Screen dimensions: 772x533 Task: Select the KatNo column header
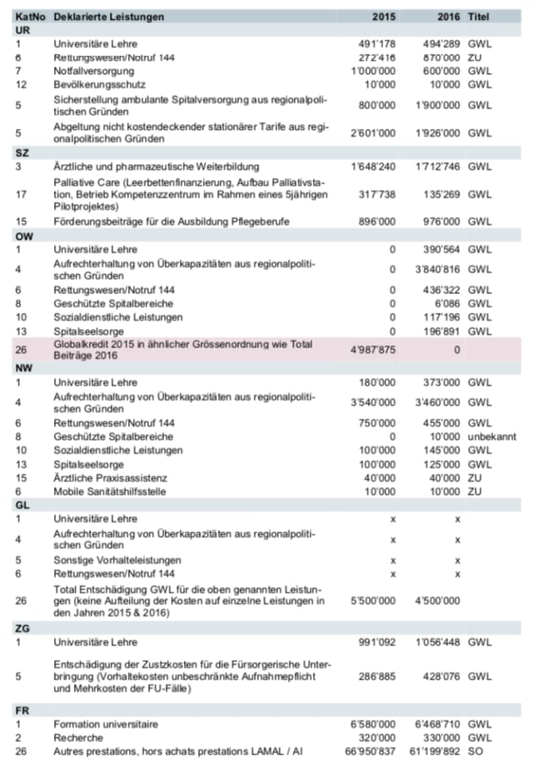coord(30,17)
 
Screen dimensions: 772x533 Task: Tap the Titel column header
coord(479,17)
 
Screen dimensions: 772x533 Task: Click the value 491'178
coord(376,42)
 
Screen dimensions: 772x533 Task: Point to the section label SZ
coord(22,152)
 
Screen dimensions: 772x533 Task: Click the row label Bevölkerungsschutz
coord(99,84)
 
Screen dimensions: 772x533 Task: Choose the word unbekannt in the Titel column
coord(491,436)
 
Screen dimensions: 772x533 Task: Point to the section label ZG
coord(22,627)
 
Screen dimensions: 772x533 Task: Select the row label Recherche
coord(78,739)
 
